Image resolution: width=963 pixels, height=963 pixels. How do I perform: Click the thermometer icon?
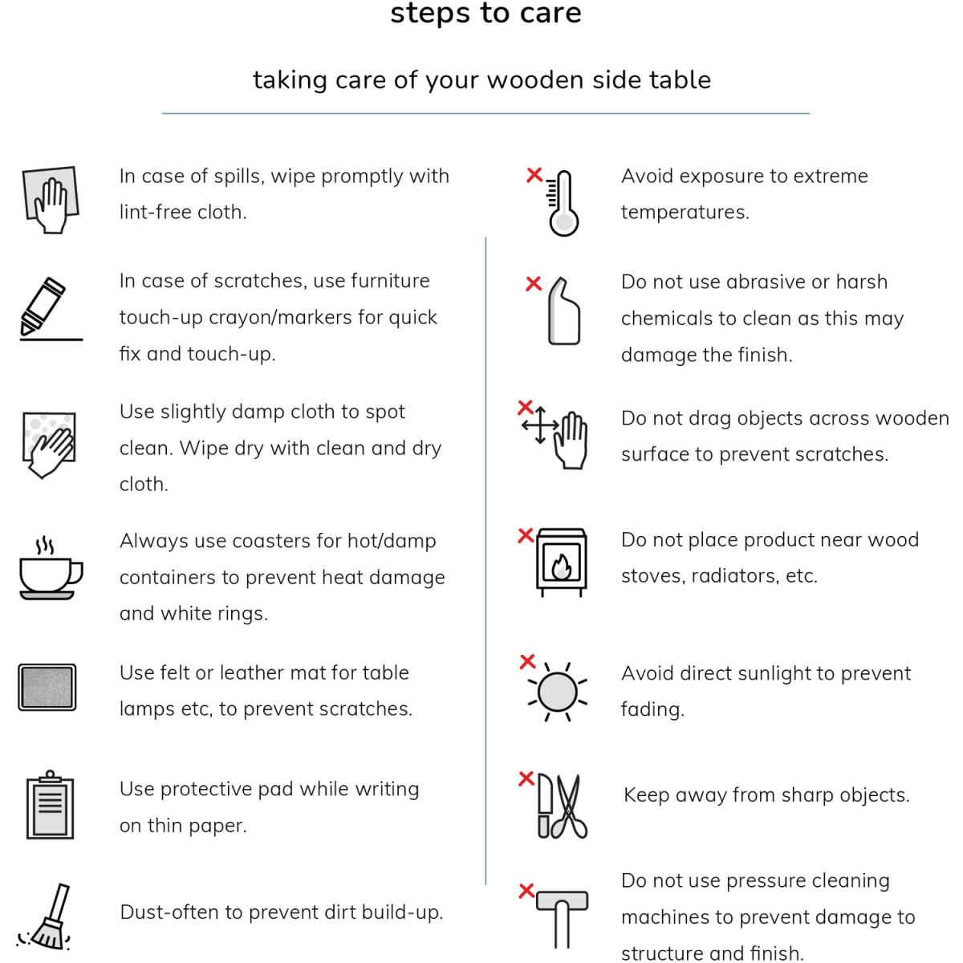click(x=563, y=203)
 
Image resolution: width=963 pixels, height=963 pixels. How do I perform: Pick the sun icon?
click(x=557, y=692)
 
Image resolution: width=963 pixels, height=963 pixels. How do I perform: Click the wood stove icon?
click(x=561, y=562)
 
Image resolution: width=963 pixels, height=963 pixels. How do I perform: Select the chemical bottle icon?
click(x=563, y=311)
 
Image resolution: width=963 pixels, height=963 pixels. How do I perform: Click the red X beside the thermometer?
click(x=534, y=175)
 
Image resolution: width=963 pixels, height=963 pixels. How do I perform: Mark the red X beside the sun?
click(x=527, y=661)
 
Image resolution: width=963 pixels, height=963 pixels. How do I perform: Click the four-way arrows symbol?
click(x=540, y=425)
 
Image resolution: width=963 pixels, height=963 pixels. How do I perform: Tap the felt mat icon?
click(x=47, y=687)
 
